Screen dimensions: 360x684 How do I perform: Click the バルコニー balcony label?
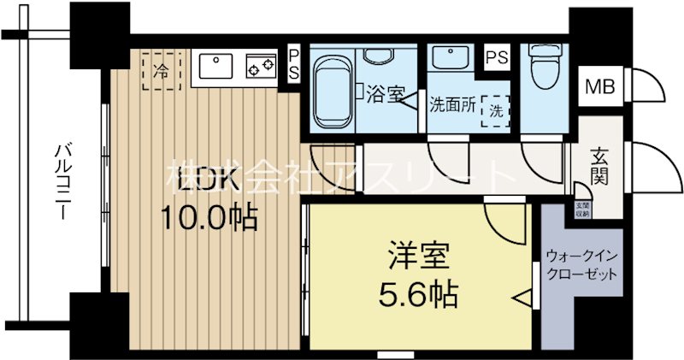pos(62,181)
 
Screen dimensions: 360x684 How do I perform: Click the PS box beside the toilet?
pos(497,57)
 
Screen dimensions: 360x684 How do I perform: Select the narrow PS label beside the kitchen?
pos(293,65)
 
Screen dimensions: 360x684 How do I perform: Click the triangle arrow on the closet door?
pos(524,298)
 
